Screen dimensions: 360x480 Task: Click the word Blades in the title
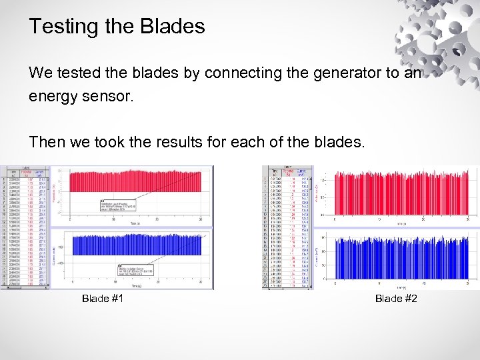pos(172,27)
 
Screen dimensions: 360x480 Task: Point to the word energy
pos(51,96)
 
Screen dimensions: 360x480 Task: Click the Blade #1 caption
pos(103,299)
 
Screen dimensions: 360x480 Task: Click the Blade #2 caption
pos(396,299)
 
